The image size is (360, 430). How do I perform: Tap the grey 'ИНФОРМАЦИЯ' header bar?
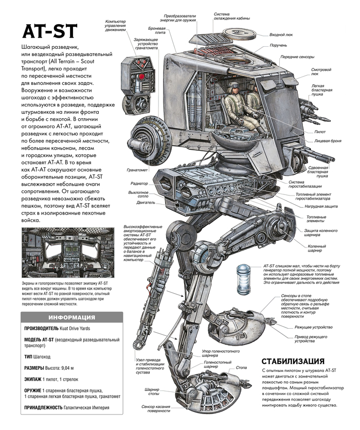coord(71,317)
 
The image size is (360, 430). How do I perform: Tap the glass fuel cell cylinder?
coord(243,279)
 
